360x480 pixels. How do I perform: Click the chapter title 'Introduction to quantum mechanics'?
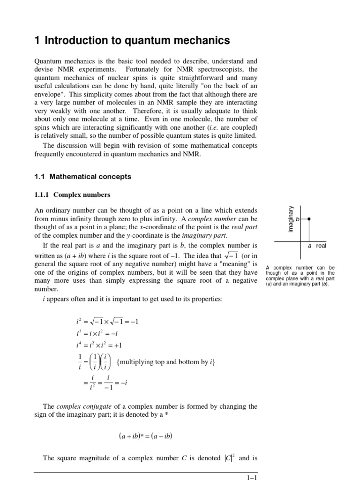tap(137, 41)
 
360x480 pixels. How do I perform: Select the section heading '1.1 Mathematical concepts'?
tap(83, 177)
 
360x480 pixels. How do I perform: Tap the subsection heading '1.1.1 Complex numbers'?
tap(73, 194)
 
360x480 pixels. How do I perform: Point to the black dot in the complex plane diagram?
tap(308, 218)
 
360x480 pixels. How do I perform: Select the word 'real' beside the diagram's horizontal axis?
tap(321, 246)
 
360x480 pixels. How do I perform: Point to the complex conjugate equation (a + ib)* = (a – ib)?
tap(146, 436)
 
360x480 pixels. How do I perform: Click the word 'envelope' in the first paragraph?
tap(50, 95)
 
